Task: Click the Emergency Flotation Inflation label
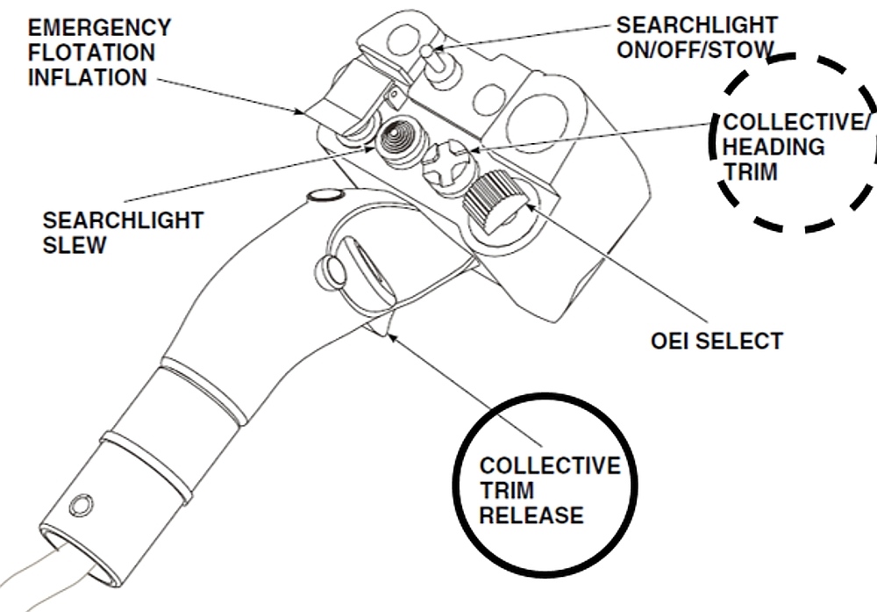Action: [100, 53]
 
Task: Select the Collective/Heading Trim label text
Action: [789, 147]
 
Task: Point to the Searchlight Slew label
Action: [123, 232]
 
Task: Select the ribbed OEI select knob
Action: [490, 197]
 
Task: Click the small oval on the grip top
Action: [326, 195]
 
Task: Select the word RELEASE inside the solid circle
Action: [531, 515]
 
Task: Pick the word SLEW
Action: [75, 244]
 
